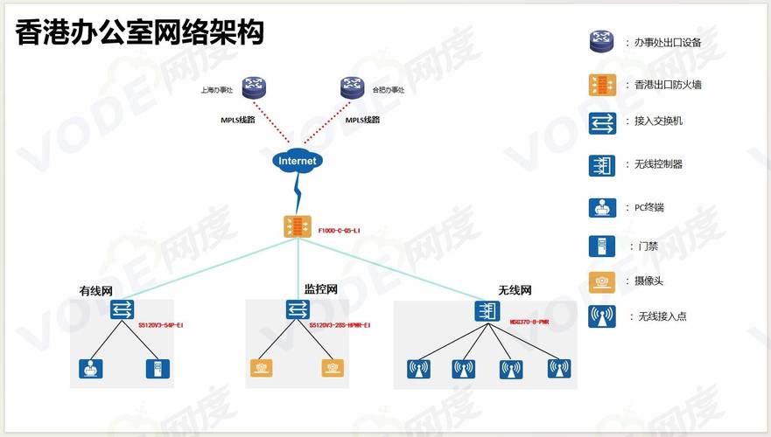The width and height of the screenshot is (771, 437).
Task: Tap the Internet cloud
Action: [x=297, y=161]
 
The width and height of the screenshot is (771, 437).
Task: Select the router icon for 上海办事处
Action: [x=254, y=87]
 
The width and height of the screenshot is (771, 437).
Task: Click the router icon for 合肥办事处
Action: [x=352, y=87]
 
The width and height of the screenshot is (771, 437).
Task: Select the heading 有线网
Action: [x=96, y=290]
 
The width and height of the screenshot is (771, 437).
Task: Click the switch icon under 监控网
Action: [x=298, y=309]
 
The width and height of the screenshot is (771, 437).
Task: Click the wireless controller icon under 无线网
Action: [x=487, y=311]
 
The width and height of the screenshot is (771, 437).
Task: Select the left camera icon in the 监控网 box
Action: [x=260, y=368]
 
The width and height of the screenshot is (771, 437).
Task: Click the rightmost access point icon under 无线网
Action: [x=558, y=368]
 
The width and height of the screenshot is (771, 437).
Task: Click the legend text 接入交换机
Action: [x=658, y=121]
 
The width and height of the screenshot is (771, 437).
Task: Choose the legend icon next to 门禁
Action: [x=601, y=246]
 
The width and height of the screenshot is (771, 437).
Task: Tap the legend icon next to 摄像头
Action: [x=601, y=281]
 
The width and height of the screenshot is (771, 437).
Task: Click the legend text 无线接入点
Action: [x=662, y=316]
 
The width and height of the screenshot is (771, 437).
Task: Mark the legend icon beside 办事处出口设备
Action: [x=601, y=41]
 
